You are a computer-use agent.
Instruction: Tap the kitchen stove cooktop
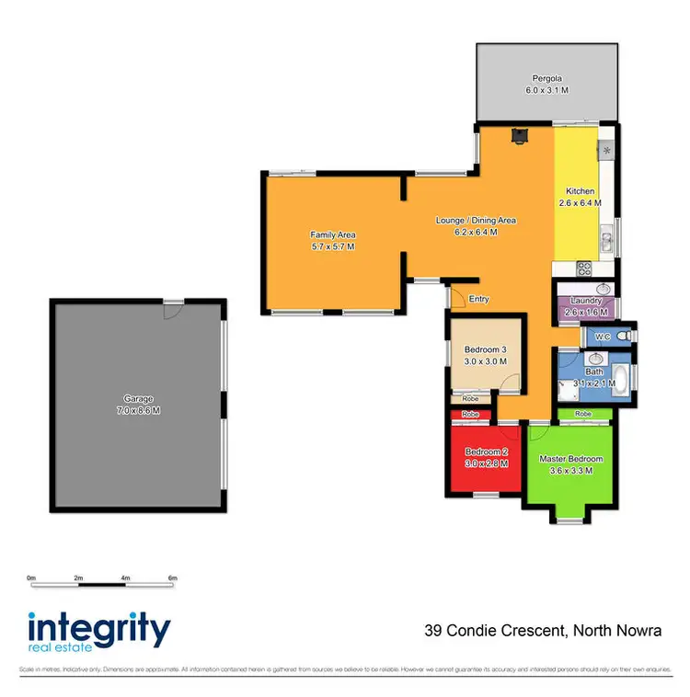(x=583, y=269)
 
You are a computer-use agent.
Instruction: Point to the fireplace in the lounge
(x=521, y=136)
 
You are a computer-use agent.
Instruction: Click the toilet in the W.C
(x=625, y=337)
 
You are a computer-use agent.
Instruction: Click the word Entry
(x=478, y=299)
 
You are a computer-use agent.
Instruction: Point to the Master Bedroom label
(x=570, y=459)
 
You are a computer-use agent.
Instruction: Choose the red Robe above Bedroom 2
(x=470, y=415)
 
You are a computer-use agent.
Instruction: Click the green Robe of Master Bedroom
(x=582, y=415)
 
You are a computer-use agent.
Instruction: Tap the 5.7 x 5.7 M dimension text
(x=332, y=247)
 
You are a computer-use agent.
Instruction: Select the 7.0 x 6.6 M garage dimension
(x=138, y=410)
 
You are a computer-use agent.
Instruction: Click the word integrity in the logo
(x=99, y=631)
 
